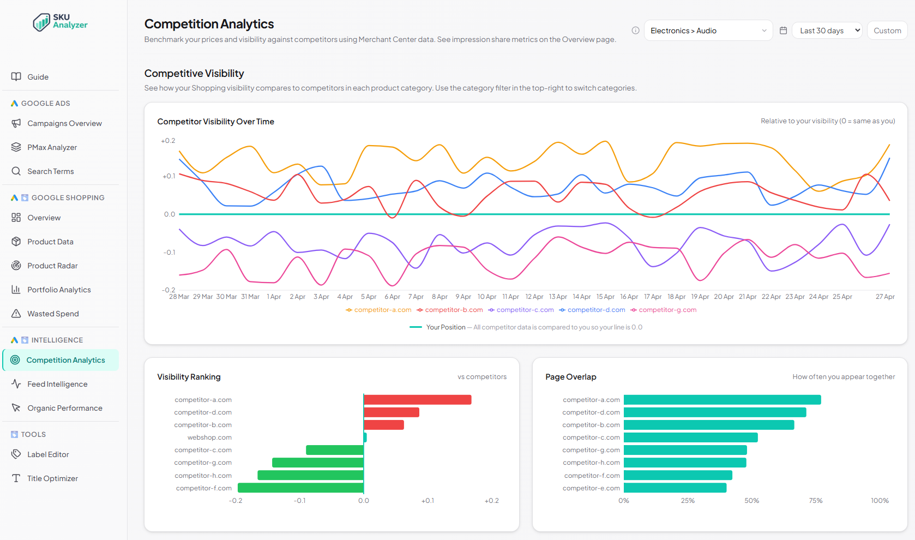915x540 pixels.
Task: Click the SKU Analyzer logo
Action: coord(60,22)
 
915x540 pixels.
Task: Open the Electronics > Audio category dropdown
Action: coord(708,31)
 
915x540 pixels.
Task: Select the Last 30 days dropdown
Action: coord(827,31)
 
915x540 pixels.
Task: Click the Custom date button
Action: coord(887,31)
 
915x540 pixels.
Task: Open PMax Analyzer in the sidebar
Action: coord(52,147)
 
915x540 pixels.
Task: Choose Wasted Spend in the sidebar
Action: coord(53,314)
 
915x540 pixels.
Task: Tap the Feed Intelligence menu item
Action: coord(57,384)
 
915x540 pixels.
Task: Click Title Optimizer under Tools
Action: coord(52,478)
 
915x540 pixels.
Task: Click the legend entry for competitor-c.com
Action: coord(521,310)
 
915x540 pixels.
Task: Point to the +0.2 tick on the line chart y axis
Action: coord(168,141)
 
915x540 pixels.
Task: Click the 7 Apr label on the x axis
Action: coord(416,297)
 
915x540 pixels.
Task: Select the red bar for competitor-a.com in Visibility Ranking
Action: coord(417,400)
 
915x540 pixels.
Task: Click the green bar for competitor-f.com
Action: coord(300,488)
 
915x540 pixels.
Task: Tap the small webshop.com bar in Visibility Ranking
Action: coord(365,437)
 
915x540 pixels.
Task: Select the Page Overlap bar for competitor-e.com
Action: coord(675,488)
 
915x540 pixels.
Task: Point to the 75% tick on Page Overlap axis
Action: coord(815,501)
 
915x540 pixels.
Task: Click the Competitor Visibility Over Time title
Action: coord(215,122)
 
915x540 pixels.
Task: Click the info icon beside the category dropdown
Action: coord(635,31)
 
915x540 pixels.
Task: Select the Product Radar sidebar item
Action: coord(52,266)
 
